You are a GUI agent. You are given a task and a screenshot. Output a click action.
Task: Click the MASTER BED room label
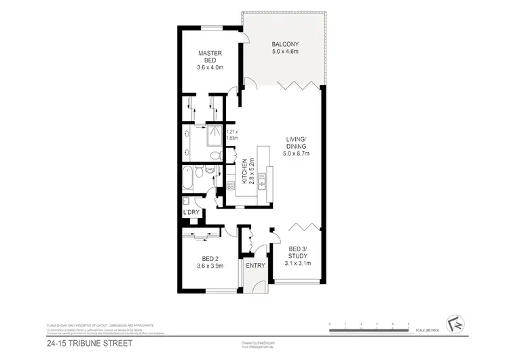point(211,57)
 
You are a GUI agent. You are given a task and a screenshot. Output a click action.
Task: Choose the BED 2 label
point(211,257)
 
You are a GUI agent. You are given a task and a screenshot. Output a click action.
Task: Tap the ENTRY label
point(255,265)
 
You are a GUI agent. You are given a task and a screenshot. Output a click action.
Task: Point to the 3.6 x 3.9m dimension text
point(211,266)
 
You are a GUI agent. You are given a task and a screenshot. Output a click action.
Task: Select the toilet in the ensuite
point(214,156)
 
